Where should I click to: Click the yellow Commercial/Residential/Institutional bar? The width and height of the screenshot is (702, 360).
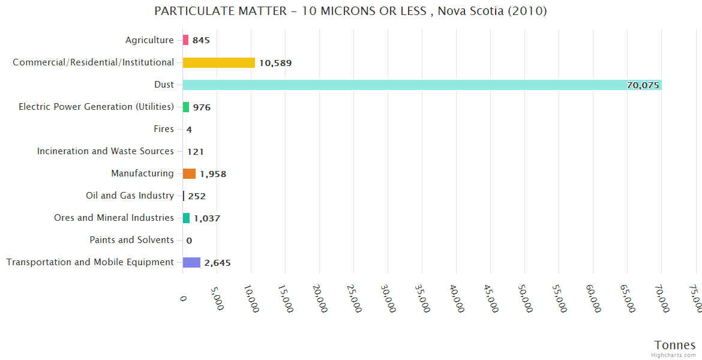coord(218,62)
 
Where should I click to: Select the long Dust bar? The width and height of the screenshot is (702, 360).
coord(420,85)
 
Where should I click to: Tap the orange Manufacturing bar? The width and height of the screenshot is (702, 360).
coord(189,173)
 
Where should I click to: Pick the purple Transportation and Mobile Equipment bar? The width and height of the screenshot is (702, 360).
coord(191,262)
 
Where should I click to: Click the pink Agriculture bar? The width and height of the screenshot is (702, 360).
coord(185,40)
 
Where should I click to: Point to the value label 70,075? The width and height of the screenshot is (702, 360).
coord(643,85)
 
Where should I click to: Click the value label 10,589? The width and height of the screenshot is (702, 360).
coord(275,63)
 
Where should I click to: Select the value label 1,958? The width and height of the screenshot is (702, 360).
coord(213,174)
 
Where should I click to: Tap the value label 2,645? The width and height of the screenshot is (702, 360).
coord(217,263)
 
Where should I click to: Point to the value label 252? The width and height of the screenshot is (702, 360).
coord(197,196)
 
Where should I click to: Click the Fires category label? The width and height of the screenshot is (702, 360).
coord(164,129)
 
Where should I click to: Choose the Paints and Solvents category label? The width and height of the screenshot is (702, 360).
coord(131,240)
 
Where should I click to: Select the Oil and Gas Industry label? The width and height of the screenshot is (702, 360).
coord(130,196)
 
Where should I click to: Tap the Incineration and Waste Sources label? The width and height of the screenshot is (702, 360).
coord(106,151)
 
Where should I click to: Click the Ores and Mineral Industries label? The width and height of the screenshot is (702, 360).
coord(114,218)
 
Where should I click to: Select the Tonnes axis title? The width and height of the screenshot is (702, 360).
coord(675,345)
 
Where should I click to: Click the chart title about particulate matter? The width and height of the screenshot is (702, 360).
coord(350,11)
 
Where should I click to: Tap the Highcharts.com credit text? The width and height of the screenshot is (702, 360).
coord(674,355)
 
